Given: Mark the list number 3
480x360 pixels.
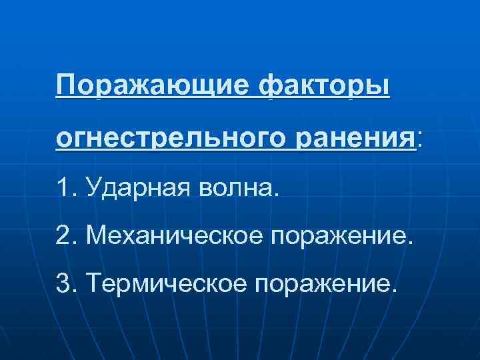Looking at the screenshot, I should click(65, 285).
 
